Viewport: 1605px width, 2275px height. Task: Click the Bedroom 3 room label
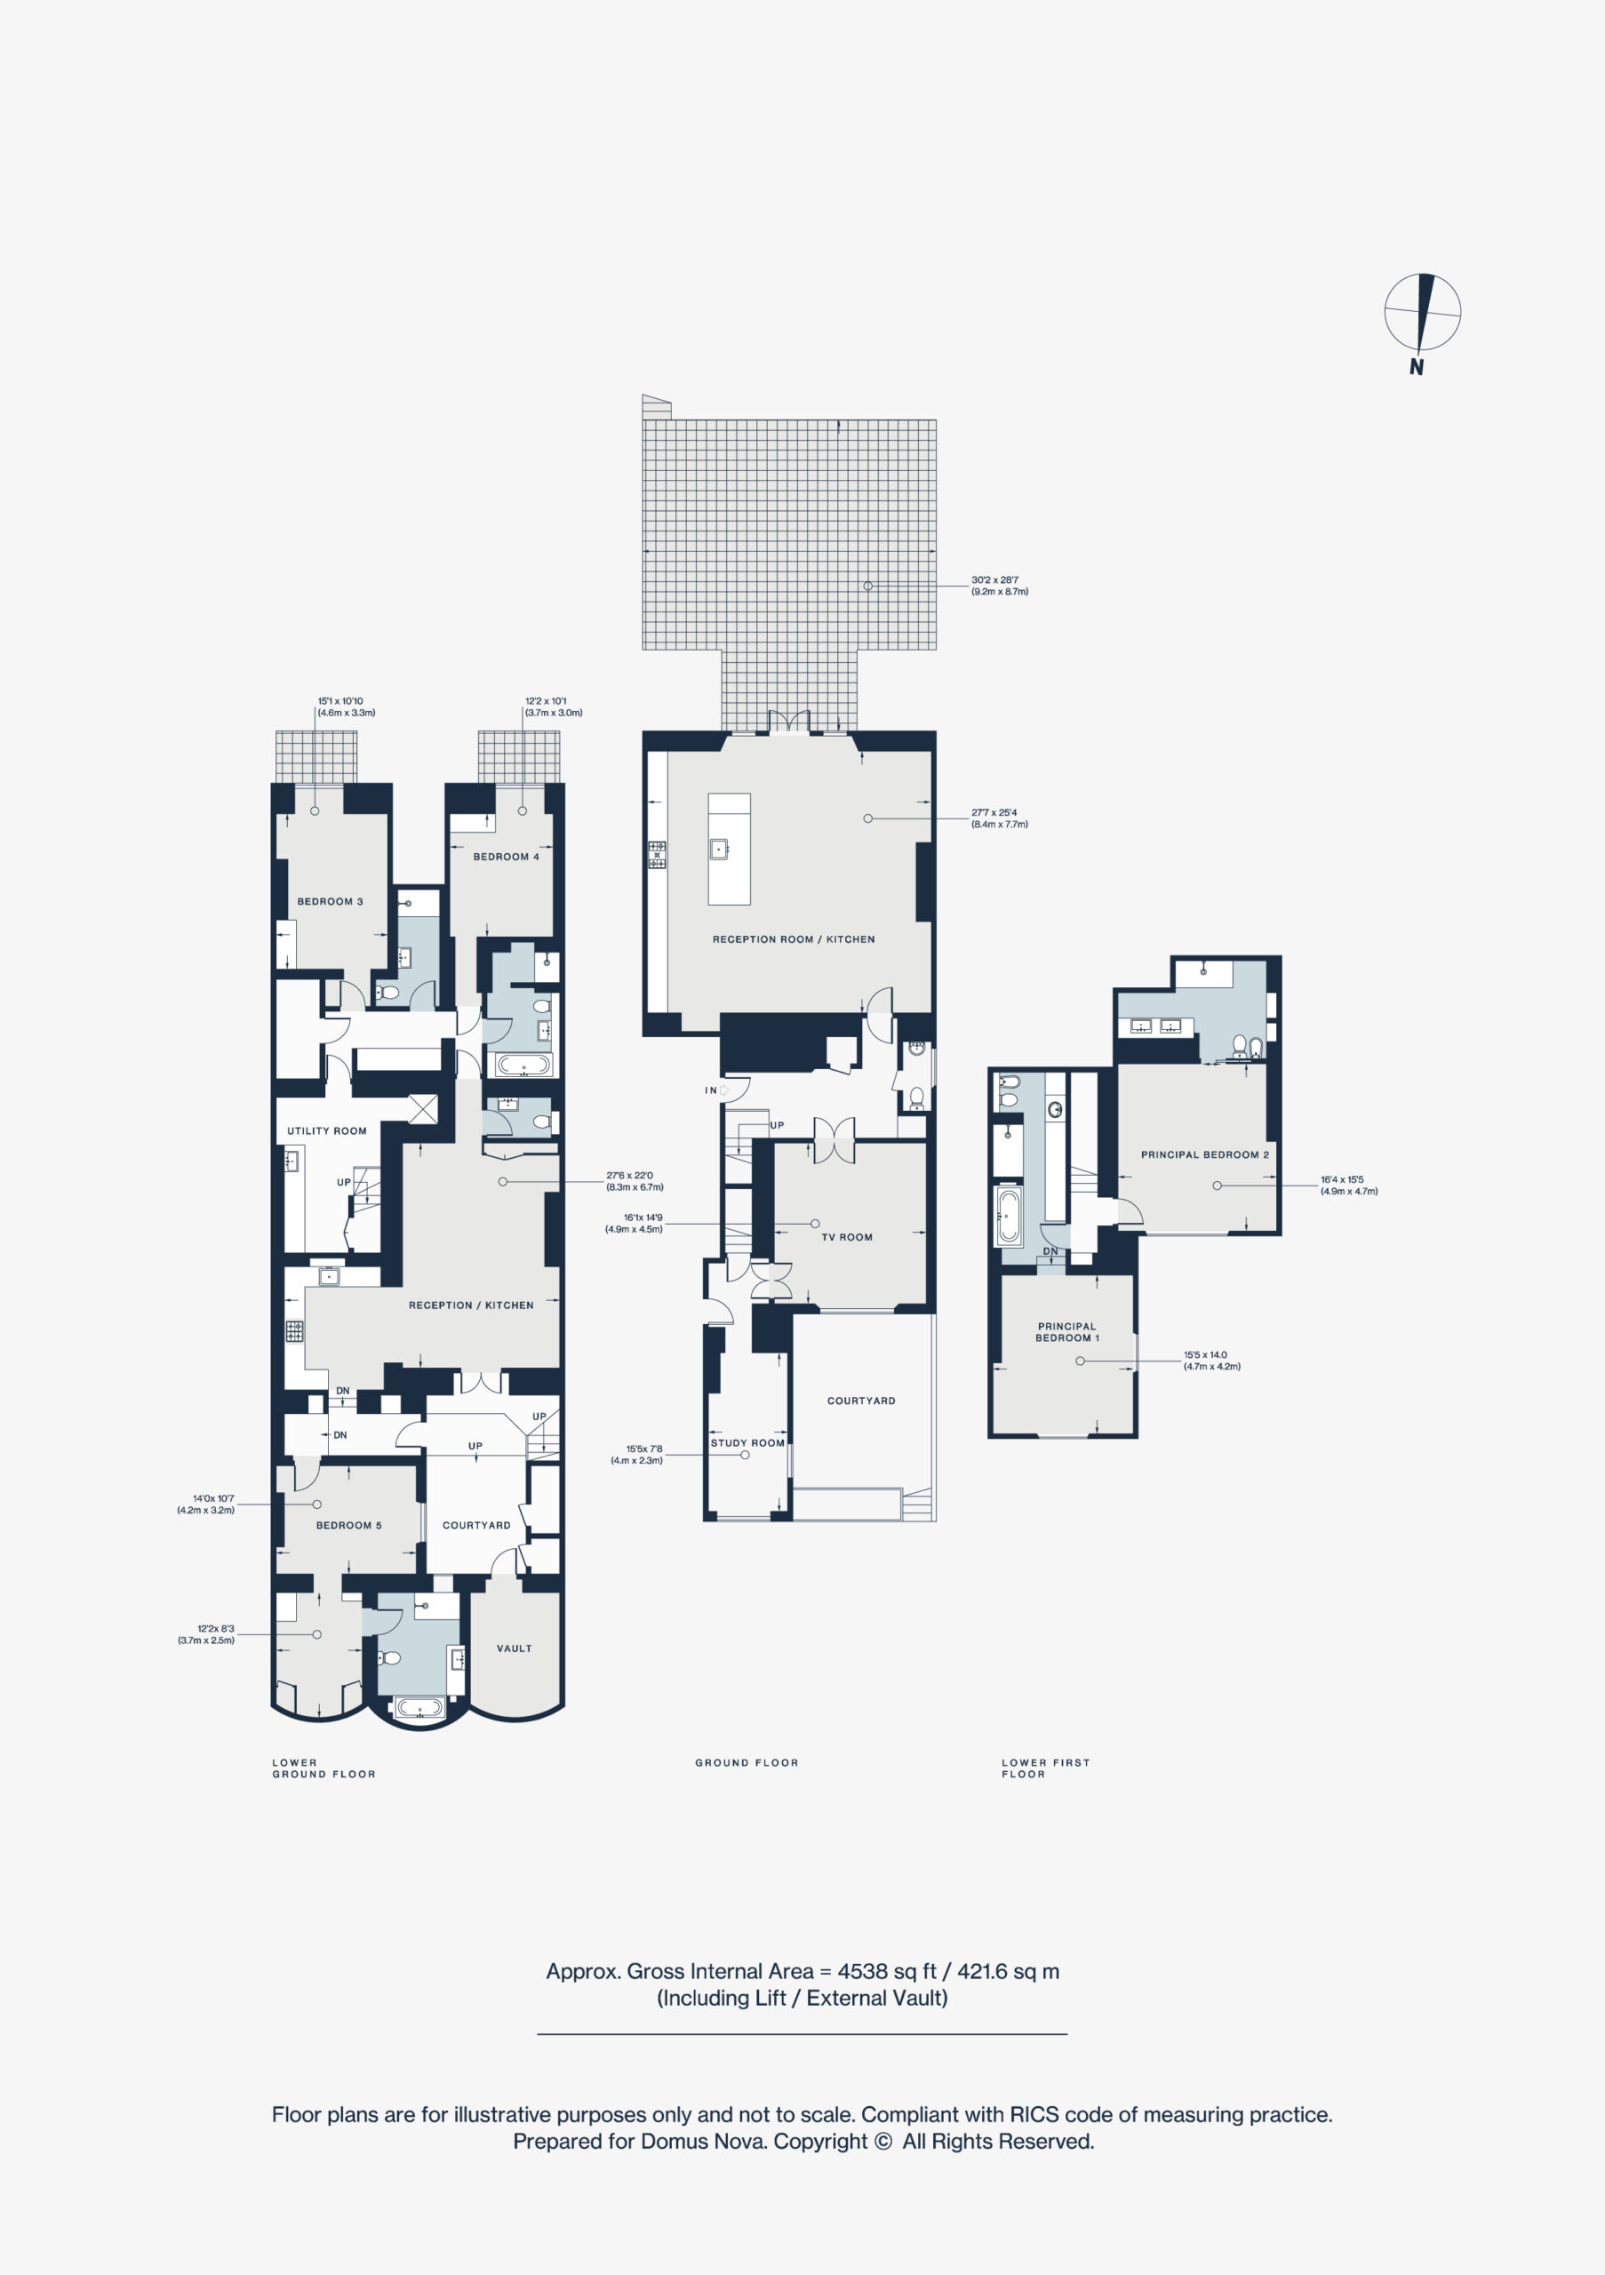pos(330,902)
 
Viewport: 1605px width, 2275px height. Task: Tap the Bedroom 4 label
pos(507,857)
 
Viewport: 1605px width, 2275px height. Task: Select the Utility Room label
pos(327,1130)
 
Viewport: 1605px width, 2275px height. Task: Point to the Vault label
pos(515,1648)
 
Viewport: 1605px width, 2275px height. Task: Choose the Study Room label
pos(747,1442)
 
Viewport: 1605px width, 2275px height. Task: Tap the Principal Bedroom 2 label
pos(1205,1154)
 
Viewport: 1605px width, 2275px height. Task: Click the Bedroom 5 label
pos(348,1525)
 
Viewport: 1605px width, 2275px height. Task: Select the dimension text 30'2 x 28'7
pos(994,580)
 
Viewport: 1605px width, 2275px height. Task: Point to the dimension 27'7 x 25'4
pos(994,812)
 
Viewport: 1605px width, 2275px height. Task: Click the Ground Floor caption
pos(747,1763)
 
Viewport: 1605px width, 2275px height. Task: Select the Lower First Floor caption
pos(1045,1768)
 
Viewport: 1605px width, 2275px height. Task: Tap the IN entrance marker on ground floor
pos(710,1090)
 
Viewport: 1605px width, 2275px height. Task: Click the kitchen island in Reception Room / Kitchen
pos(730,850)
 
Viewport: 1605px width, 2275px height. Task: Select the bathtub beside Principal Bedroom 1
pos(1008,1217)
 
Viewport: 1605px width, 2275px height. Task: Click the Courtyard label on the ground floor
pos(861,1401)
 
